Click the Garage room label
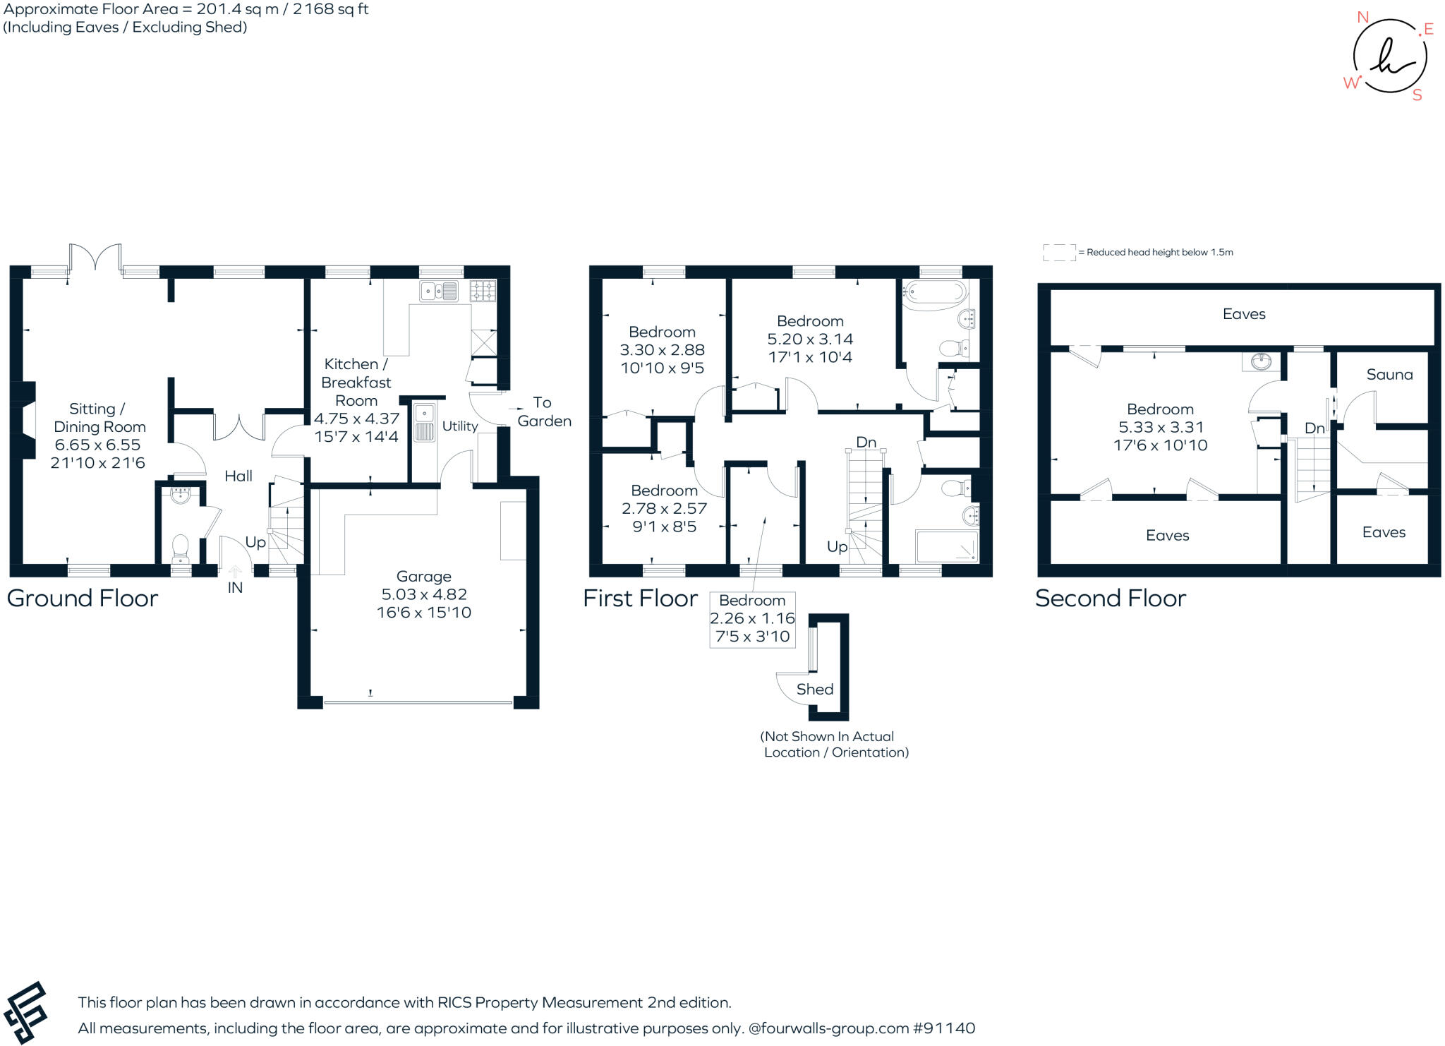(423, 576)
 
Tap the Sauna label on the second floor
(1389, 375)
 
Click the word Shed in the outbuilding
(815, 690)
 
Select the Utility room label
(460, 426)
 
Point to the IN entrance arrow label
(235, 587)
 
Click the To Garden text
(543, 411)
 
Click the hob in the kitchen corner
(483, 290)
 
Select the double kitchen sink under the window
(438, 290)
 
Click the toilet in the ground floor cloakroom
(181, 547)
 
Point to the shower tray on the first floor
(946, 546)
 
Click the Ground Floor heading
(83, 599)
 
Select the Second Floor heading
(1110, 599)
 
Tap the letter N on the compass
(1362, 18)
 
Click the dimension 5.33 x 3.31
(1160, 427)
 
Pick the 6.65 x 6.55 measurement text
(98, 445)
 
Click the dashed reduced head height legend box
(1058, 252)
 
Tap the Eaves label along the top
(1243, 314)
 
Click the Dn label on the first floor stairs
(866, 442)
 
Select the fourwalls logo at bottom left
(25, 1012)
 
